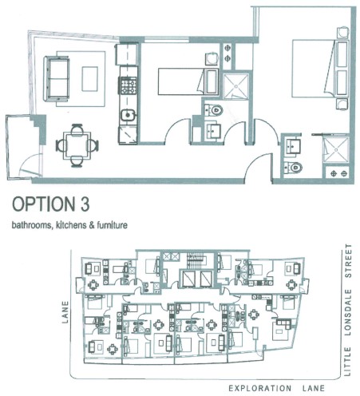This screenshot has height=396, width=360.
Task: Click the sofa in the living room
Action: pos(57,78)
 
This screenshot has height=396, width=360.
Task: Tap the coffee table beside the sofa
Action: pos(89,79)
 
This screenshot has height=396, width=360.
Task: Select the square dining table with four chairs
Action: pos(77,145)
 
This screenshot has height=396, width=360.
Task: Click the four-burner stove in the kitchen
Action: pos(129,85)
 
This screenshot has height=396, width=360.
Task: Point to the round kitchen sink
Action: pos(128,116)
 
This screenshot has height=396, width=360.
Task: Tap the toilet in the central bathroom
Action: pos(215,110)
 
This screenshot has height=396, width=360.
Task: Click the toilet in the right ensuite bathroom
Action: pos(294,168)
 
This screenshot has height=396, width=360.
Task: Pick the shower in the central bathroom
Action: pos(235,85)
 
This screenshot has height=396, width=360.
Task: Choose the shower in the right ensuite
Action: pos(336,149)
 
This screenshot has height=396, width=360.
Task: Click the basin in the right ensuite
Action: pos(292,146)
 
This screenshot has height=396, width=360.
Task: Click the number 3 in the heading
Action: pos(85,204)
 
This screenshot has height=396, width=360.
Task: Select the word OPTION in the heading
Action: pos(43,204)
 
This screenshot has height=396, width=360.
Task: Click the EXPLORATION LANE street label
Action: pos(276,388)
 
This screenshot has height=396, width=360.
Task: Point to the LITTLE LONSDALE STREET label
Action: pos(348,310)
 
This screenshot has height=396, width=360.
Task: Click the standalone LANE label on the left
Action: pos(65,312)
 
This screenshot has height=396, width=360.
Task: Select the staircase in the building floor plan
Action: pos(195,261)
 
